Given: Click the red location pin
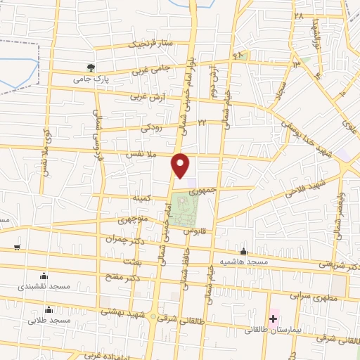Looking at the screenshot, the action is pos(181,165).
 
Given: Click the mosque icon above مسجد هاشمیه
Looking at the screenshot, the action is pos(243,251).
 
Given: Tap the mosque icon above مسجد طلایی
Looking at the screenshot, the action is pos(49,309).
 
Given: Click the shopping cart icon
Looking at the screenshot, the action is pos(15,248).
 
